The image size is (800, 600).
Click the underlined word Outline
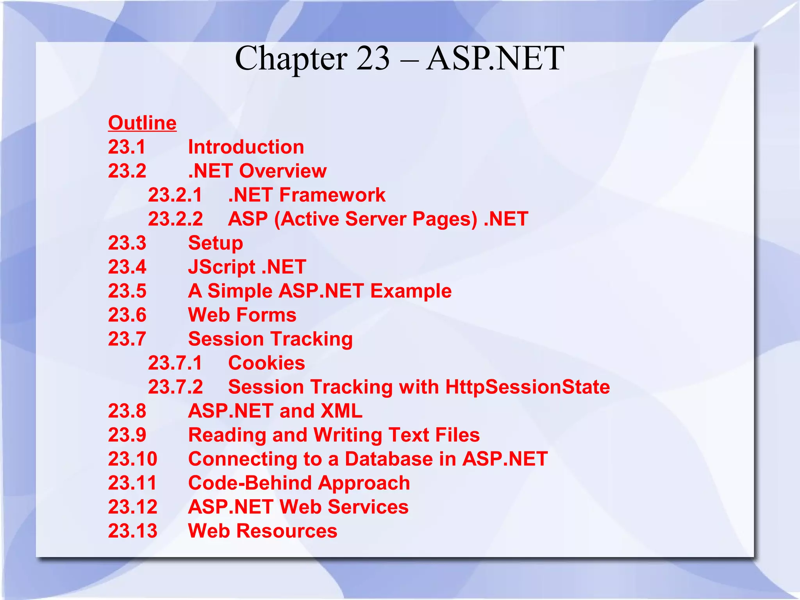(142, 123)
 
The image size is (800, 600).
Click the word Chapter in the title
(291, 59)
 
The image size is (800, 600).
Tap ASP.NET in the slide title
(495, 59)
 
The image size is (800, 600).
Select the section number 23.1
(127, 147)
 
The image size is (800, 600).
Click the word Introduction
(246, 147)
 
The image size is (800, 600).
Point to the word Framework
(332, 195)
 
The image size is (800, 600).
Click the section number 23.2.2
(175, 219)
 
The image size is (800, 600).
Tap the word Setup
(216, 243)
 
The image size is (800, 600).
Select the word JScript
(221, 267)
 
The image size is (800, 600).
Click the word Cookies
(266, 363)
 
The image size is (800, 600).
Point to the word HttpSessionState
(527, 387)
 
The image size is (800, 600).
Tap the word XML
(341, 411)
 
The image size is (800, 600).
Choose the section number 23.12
(133, 507)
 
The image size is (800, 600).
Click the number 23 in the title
(373, 59)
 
